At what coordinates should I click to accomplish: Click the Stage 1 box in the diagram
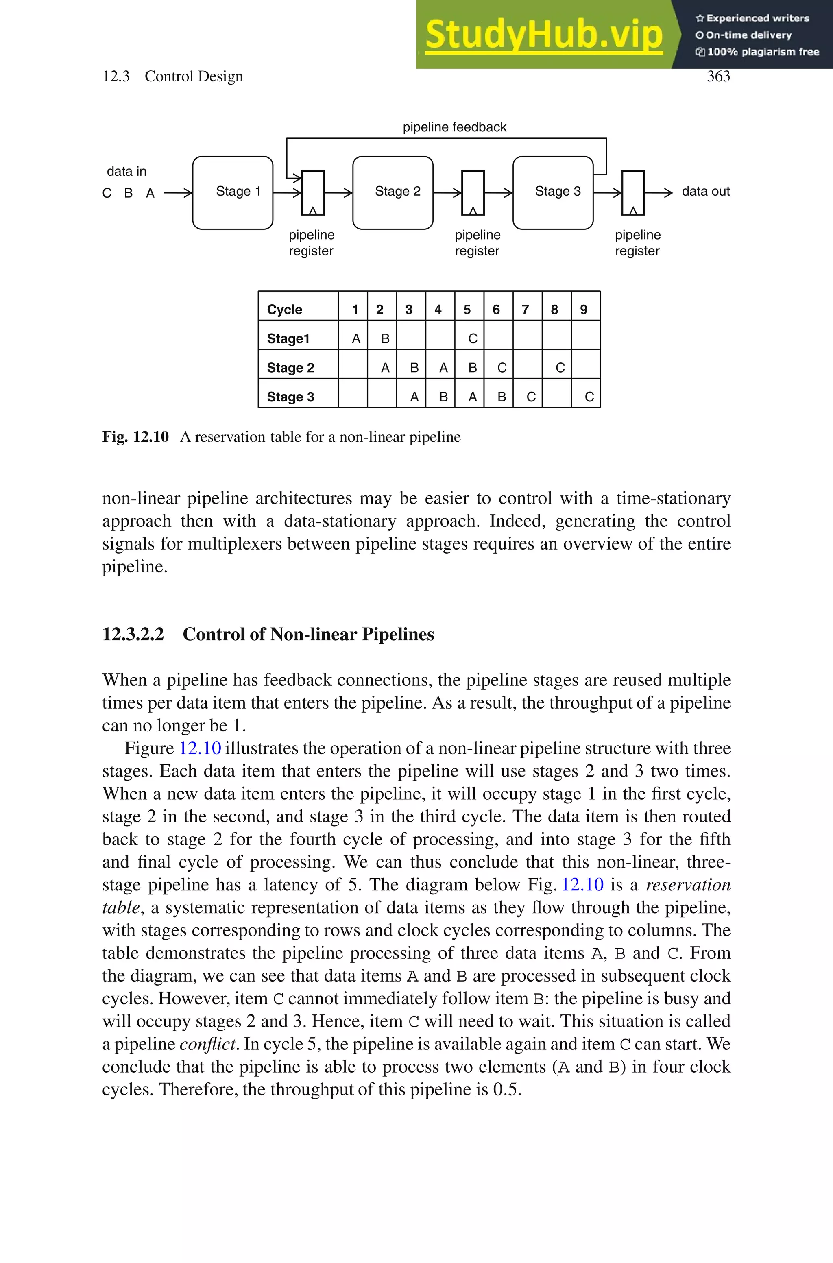tap(233, 192)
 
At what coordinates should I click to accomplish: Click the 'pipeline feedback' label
tap(454, 127)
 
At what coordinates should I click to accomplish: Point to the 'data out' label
tap(706, 191)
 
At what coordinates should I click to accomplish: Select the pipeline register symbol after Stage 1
tap(313, 193)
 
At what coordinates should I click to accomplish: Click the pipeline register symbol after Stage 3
tap(633, 193)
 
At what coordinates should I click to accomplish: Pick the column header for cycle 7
tap(526, 309)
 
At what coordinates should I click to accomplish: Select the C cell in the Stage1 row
tap(472, 338)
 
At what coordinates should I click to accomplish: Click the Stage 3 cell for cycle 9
tap(589, 397)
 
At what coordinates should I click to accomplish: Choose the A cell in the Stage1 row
tap(356, 338)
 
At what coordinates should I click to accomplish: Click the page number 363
tap(718, 76)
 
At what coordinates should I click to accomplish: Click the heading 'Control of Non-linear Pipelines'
tap(308, 634)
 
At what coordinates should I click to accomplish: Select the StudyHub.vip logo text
tap(543, 35)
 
